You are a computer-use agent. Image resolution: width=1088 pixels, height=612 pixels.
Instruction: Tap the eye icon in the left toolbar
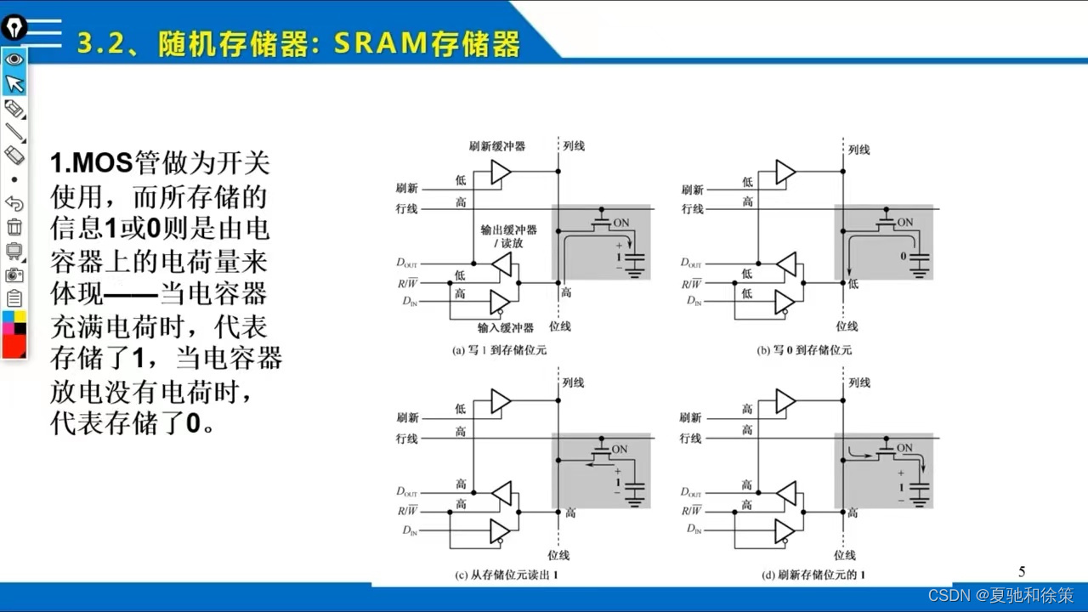click(14, 59)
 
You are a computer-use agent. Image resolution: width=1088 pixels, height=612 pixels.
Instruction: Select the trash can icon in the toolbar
click(14, 227)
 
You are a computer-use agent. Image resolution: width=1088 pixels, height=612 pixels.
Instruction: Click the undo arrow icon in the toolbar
click(14, 203)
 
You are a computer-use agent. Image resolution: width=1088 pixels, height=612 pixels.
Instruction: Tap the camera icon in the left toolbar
click(14, 275)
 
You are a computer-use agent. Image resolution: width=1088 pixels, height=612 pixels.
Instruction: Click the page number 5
click(1022, 571)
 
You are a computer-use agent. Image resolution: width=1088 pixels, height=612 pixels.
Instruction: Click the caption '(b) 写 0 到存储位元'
click(804, 350)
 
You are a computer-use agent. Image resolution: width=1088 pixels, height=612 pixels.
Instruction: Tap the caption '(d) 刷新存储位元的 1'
click(814, 575)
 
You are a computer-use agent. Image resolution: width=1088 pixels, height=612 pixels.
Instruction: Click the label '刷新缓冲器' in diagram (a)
click(497, 146)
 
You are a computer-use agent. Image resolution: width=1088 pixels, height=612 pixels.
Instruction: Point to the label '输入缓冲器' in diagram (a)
click(505, 327)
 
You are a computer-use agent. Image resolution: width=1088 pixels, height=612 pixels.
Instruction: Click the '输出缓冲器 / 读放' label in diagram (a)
click(508, 237)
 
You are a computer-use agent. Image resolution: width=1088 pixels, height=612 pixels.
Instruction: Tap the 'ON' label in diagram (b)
click(904, 223)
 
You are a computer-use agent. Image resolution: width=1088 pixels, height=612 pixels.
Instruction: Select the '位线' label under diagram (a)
click(559, 326)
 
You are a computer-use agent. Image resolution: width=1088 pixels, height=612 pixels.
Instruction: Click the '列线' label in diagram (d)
click(858, 383)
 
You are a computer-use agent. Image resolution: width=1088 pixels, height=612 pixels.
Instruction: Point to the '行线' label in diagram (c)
click(406, 439)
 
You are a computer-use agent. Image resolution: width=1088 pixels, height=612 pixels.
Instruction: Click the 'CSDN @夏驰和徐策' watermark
click(1000, 594)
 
